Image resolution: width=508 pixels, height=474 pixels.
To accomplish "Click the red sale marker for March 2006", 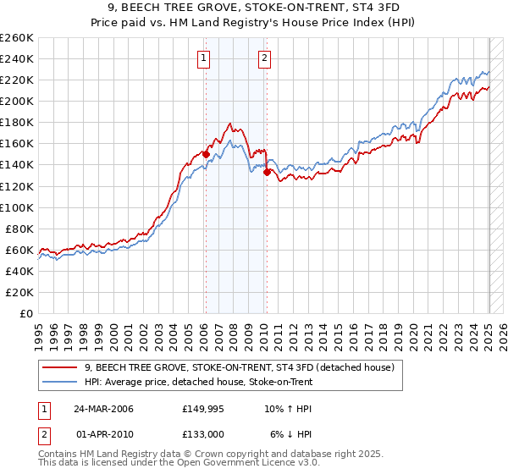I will [x=206, y=154].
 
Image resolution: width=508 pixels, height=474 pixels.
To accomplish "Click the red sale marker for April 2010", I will [x=267, y=172].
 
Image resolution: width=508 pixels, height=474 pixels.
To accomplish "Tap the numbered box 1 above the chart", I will [x=205, y=58].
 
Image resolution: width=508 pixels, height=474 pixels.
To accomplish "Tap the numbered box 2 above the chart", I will [x=265, y=58].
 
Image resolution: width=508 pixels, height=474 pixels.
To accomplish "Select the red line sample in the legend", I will [x=60, y=367].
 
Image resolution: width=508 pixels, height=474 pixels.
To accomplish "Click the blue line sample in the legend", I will [x=60, y=382].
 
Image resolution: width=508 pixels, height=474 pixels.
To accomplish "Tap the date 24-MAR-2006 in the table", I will [x=104, y=409].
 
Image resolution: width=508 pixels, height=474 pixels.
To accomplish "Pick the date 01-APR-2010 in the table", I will [x=105, y=434].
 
